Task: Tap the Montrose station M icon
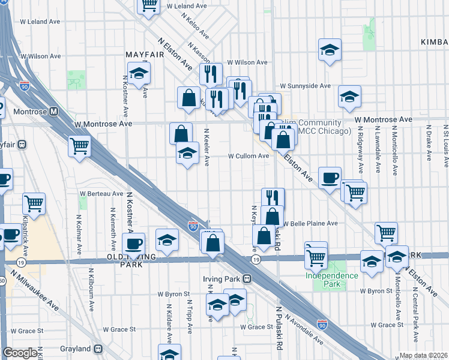(x=54, y=111)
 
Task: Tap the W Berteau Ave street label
(x=101, y=193)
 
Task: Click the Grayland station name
(x=75, y=349)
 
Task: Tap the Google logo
(x=20, y=353)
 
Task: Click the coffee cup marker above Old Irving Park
(x=133, y=243)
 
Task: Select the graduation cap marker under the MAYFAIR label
(x=139, y=73)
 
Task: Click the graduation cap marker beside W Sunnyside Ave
(x=349, y=96)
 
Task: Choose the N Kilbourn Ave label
(x=92, y=296)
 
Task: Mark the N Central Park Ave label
(x=415, y=300)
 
